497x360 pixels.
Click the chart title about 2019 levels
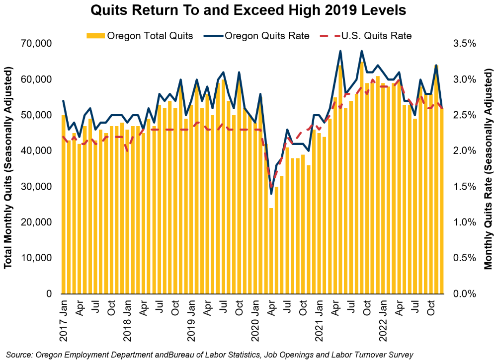(x=248, y=10)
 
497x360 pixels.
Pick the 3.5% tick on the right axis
(x=465, y=44)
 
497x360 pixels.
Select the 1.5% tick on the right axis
(x=465, y=187)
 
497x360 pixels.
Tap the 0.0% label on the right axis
(x=465, y=294)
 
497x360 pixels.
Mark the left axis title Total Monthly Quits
(x=8, y=169)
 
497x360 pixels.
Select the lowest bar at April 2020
(x=271, y=251)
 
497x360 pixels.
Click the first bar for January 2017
(x=64, y=204)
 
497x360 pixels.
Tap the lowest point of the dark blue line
(x=271, y=194)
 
